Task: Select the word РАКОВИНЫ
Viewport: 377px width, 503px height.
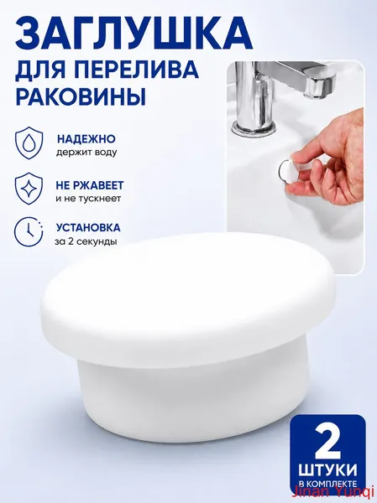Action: click(81, 96)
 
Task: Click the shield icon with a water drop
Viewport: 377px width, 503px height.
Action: click(29, 143)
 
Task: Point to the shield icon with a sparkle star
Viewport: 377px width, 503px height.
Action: click(29, 189)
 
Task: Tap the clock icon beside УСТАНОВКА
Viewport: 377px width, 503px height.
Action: click(29, 232)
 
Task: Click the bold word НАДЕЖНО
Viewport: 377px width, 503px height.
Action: click(86, 139)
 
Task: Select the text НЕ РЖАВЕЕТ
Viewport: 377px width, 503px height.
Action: click(90, 185)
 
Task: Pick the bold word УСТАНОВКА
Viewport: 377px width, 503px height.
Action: click(88, 228)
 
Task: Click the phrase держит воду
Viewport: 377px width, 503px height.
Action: click(86, 153)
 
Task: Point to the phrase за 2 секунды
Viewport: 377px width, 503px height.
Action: click(86, 241)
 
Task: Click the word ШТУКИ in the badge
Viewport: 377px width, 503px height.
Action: click(327, 471)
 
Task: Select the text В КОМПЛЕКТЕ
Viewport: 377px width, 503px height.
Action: click(327, 484)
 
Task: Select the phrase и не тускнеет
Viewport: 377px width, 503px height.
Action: click(88, 199)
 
